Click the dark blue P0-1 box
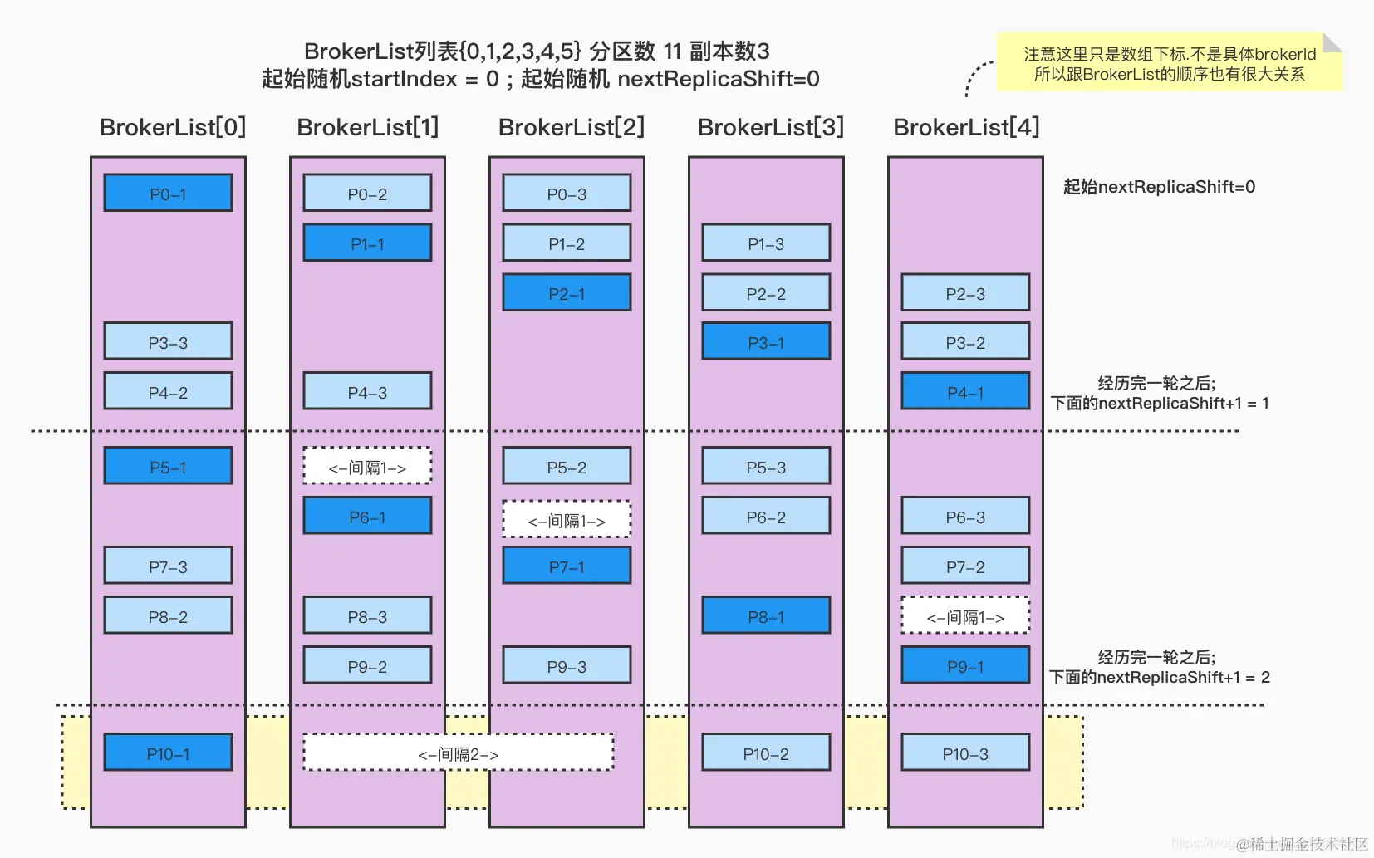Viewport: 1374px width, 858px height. (168, 193)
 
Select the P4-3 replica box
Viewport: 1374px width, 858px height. (367, 391)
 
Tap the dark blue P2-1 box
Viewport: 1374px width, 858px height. (567, 292)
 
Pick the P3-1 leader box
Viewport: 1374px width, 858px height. (766, 341)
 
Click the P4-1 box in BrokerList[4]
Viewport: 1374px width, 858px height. (965, 391)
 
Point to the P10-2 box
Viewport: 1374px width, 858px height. (766, 753)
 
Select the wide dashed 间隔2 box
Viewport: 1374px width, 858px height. (459, 753)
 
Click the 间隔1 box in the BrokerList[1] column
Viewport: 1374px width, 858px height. (367, 467)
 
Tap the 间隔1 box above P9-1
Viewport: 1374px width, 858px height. (965, 615)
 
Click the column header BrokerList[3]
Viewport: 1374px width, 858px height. (770, 127)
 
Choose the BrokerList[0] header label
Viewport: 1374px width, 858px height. (173, 127)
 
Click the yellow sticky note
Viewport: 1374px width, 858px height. (1169, 64)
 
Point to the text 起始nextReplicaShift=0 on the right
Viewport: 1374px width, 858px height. (1159, 187)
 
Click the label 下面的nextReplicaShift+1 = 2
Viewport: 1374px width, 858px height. (1159, 677)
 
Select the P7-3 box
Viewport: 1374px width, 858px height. (168, 566)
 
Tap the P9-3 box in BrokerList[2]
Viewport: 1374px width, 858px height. (567, 665)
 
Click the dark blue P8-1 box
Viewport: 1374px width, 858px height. (766, 615)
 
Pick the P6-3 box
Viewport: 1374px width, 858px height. (965, 516)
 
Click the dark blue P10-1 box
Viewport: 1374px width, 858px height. (168, 753)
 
